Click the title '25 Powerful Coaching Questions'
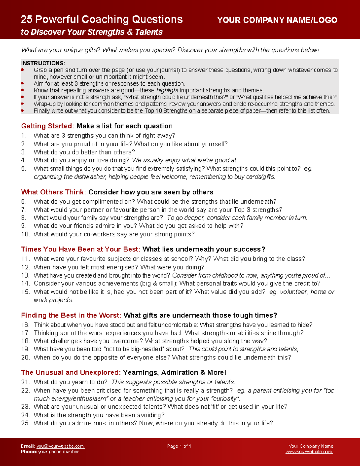coord(102,20)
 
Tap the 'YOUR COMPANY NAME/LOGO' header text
coord(277,20)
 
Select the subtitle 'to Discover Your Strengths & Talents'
coord(91,32)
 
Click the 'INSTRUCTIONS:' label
coord(43,63)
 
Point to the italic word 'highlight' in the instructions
coord(167,90)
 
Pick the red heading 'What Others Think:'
coord(54,192)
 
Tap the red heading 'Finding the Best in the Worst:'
coord(71,315)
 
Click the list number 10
coord(25,234)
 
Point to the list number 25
coord(25,423)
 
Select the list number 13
coord(25,275)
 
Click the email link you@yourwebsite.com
coord(60,446)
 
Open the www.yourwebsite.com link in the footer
coord(309,452)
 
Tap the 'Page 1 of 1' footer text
coord(179,446)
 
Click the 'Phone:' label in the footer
coord(28,452)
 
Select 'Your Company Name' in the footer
coord(311,446)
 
